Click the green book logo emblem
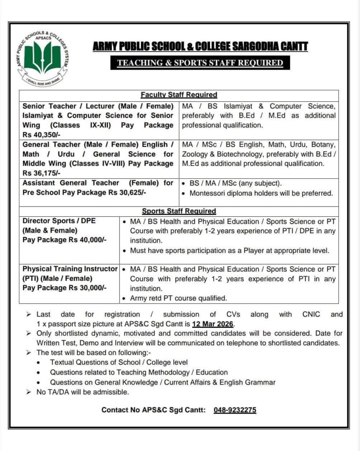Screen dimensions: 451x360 coord(42,58)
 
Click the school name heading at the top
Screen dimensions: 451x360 coord(200,47)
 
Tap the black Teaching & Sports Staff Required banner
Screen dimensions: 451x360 coord(200,63)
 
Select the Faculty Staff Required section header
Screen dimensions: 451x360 coord(179,95)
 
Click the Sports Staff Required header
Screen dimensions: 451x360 coord(179,211)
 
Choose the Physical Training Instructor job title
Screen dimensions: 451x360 coord(70,269)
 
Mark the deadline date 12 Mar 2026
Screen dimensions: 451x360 coord(213,324)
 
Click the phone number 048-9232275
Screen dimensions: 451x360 coord(235,410)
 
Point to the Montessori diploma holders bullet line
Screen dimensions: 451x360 coord(261,193)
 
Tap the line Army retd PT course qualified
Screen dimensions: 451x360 coord(178,298)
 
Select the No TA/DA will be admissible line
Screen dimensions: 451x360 coord(82,392)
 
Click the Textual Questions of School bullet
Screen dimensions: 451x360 coord(119,362)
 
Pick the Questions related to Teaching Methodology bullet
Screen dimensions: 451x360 coord(139,372)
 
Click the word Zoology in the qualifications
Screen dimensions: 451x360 coord(196,154)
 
